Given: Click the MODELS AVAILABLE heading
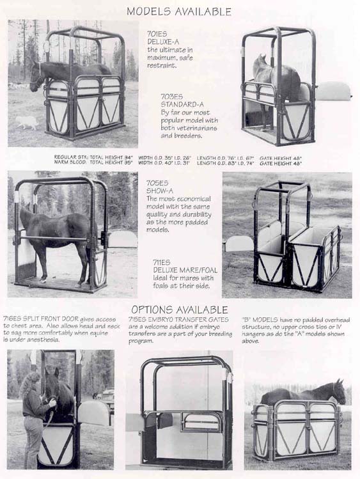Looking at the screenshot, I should coord(178,11).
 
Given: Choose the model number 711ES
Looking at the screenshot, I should coord(161,262).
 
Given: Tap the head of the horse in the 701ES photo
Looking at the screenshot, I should coord(36,78).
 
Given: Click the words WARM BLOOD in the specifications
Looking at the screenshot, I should coord(70,163).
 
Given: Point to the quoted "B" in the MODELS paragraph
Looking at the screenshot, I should coord(246,318).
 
